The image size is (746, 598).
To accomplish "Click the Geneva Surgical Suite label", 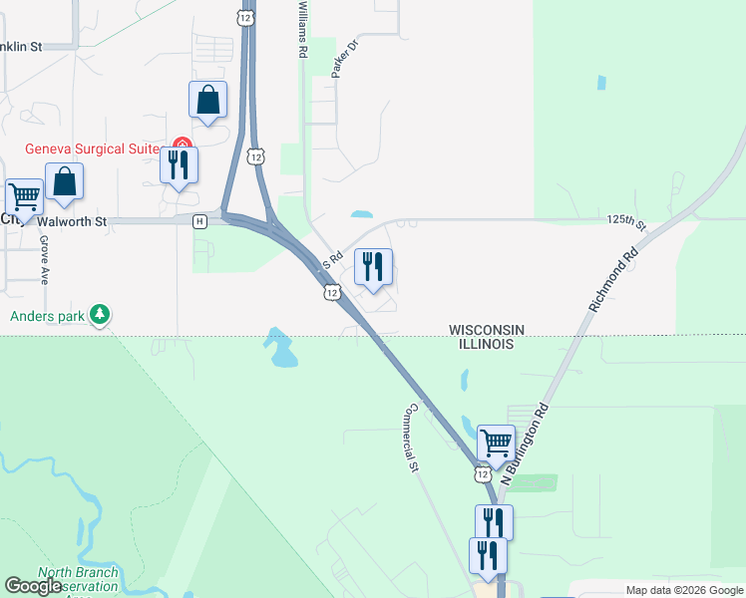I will [93, 149].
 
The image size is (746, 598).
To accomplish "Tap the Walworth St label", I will [72, 221].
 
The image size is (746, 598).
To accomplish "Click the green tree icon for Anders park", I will [99, 315].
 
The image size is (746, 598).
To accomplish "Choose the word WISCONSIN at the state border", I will [487, 329].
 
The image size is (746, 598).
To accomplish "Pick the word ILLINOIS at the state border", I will [481, 344].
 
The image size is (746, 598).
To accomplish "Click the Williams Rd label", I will [301, 29].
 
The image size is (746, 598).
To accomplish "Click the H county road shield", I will [200, 220].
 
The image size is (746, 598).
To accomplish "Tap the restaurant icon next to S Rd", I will [373, 267].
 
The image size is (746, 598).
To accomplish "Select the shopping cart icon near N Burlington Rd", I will [496, 441].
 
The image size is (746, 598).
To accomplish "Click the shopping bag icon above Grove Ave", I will [64, 181].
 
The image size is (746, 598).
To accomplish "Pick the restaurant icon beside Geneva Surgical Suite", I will [180, 164].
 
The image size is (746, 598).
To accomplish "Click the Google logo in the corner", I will [34, 586].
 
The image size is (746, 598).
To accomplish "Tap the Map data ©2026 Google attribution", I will [684, 590].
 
